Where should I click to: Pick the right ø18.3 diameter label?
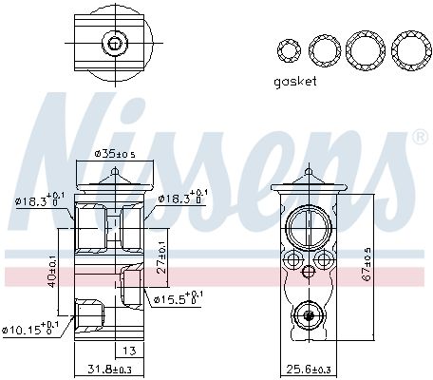181,198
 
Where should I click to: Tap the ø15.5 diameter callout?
177,299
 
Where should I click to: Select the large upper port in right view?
307,228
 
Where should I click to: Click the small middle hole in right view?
306,272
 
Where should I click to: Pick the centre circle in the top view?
115,43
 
